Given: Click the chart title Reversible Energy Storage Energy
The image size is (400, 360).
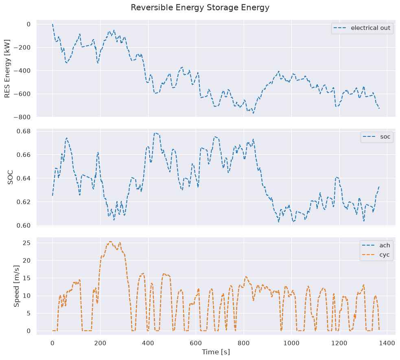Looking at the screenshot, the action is (200, 8).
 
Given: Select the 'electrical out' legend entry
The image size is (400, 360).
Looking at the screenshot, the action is (362, 28).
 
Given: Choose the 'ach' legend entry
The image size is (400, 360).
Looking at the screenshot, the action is (376, 245).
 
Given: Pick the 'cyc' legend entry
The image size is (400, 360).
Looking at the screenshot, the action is (376, 255).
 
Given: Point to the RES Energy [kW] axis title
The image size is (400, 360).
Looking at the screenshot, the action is (7, 68).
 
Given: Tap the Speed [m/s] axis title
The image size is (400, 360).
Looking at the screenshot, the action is (17, 286).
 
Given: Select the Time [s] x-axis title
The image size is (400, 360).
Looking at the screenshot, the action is (216, 352).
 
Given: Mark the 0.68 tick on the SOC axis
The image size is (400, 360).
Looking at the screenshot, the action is (24, 131).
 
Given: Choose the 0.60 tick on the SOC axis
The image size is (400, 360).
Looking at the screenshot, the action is (24, 226).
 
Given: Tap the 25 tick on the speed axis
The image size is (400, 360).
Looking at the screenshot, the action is (27, 243).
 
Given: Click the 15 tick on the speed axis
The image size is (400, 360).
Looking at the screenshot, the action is (27, 278).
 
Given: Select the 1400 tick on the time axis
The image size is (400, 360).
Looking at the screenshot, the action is (387, 343).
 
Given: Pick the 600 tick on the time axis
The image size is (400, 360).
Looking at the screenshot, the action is (196, 343).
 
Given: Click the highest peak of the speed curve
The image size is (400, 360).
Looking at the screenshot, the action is (110, 241).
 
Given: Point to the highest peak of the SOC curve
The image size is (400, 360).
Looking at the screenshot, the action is (155, 133).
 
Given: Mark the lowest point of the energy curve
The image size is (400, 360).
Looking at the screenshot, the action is (254, 113).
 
